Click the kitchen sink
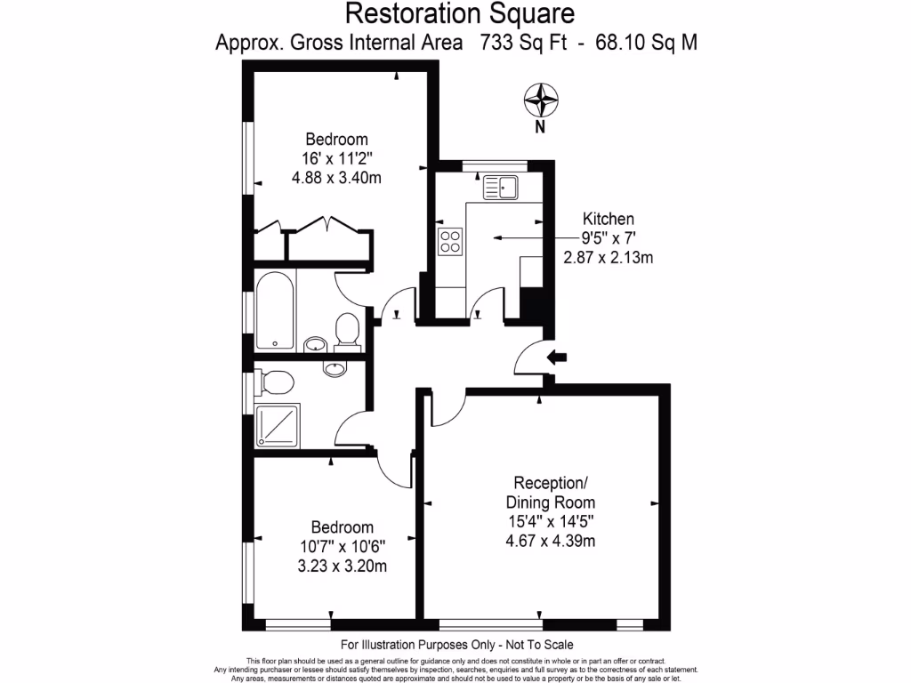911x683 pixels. [x=501, y=188]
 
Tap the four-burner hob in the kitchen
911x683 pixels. [x=450, y=241]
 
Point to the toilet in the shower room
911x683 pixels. [x=275, y=382]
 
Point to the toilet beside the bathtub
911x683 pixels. [x=346, y=332]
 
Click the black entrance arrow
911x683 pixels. [x=558, y=358]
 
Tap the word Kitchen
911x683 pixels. [x=609, y=219]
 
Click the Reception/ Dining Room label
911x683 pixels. [x=552, y=493]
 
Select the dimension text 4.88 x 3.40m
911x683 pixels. [x=336, y=177]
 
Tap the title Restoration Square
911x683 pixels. [x=459, y=13]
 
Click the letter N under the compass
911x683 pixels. [x=539, y=127]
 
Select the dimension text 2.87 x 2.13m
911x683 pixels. [x=609, y=258]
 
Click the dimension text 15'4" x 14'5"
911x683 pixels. [x=552, y=522]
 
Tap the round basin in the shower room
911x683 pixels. [x=334, y=368]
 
